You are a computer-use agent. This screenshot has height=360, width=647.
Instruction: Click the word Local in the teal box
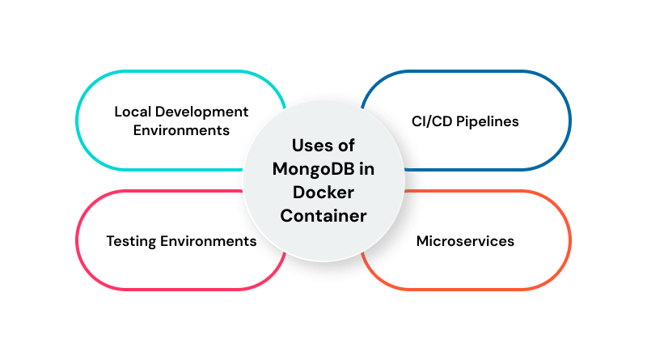pyautogui.click(x=132, y=112)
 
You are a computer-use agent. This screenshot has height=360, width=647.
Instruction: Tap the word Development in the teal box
pyautogui.click(x=199, y=112)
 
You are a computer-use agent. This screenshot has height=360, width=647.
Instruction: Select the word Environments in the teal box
pyautogui.click(x=182, y=130)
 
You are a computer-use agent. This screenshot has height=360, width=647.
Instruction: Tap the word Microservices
pyautogui.click(x=465, y=241)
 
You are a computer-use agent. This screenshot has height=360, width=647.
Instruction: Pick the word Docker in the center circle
pyautogui.click(x=323, y=193)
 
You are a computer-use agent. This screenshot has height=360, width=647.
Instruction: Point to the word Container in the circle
pyautogui.click(x=323, y=216)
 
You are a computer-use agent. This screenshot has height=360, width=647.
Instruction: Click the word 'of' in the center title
pyautogui.click(x=348, y=146)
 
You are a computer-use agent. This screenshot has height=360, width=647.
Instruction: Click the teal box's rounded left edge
pyautogui.click(x=77, y=121)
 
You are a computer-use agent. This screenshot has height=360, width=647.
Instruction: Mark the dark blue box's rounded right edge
pyautogui.click(x=570, y=121)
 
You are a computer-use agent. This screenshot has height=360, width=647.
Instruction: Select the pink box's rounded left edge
pyautogui.click(x=77, y=240)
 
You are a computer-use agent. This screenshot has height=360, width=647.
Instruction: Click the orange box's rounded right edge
pyautogui.click(x=570, y=240)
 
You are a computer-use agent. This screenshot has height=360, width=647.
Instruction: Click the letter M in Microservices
pyautogui.click(x=422, y=241)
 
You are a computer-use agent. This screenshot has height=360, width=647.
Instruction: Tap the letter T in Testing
pyautogui.click(x=110, y=241)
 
